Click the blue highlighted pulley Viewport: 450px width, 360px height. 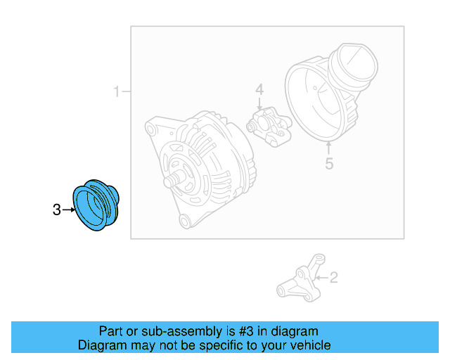pyautogui.click(x=96, y=205)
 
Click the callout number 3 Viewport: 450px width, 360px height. pyautogui.click(x=57, y=210)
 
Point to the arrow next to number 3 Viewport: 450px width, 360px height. pyautogui.click(x=69, y=210)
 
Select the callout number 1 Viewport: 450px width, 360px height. pyautogui.click(x=116, y=91)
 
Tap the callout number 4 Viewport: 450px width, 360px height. pyautogui.click(x=259, y=89)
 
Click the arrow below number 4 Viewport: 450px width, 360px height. pyautogui.click(x=259, y=104)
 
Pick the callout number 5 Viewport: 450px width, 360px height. pyautogui.click(x=329, y=164)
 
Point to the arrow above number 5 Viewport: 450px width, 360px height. pyautogui.click(x=329, y=148)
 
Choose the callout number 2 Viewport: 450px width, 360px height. pyautogui.click(x=334, y=278)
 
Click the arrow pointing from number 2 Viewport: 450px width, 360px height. pyautogui.click(x=321, y=278)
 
